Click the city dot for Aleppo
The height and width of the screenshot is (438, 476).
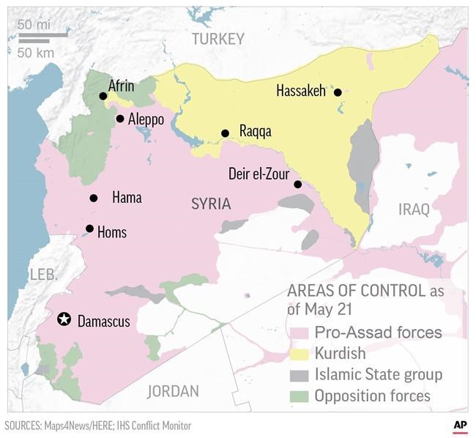(x=120, y=119)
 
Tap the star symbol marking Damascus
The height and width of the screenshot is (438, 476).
(x=64, y=319)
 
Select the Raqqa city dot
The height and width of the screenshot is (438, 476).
(x=226, y=133)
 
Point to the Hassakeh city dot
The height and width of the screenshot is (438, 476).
(x=338, y=92)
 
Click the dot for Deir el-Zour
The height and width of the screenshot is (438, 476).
(x=298, y=184)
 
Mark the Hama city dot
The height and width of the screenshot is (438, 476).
(x=94, y=198)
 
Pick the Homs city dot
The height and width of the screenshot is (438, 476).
(x=89, y=229)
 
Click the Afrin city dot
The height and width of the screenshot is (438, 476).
(x=103, y=96)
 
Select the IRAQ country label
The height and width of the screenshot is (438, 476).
(x=414, y=210)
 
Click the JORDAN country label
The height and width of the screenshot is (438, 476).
(x=173, y=391)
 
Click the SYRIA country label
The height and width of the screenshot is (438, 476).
(x=211, y=204)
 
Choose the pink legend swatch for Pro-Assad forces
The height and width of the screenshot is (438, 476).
(x=299, y=333)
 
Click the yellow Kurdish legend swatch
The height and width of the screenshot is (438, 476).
(x=299, y=355)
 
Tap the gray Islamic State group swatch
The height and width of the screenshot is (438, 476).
(x=299, y=376)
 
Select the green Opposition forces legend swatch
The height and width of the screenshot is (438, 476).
(x=299, y=397)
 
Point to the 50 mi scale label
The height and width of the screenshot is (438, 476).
(x=34, y=25)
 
